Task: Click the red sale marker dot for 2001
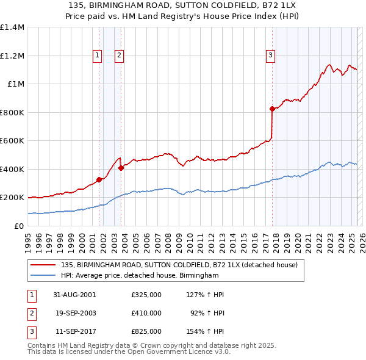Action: coord(99,179)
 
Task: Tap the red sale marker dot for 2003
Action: coord(121,168)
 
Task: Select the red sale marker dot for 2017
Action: coord(272,109)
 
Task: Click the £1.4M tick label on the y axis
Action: coord(12,27)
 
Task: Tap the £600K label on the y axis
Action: coord(12,141)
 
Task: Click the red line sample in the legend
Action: coord(43,265)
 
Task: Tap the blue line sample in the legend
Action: coord(43,276)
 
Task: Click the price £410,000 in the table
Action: coord(146,313)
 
